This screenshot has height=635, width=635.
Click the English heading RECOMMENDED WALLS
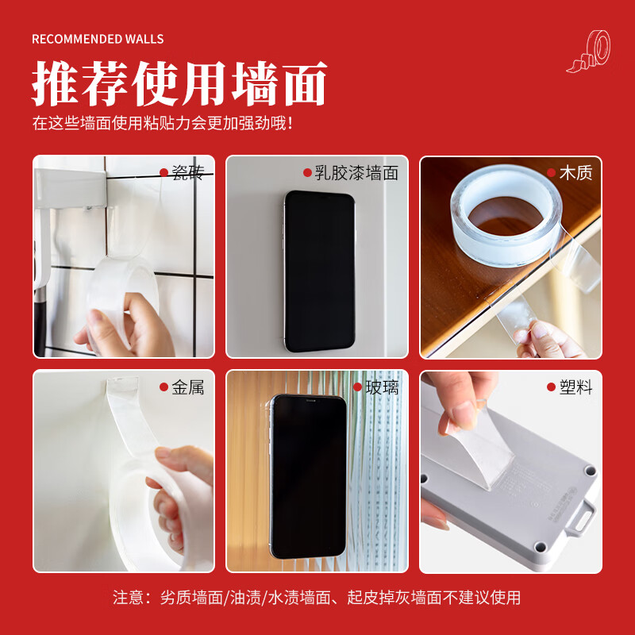98,39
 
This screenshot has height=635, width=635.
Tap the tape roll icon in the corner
589,52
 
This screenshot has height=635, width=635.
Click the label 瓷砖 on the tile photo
188,173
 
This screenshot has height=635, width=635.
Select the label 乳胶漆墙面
356,173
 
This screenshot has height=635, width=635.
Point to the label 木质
575,173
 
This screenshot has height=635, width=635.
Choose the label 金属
188,387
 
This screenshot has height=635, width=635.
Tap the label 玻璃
382,387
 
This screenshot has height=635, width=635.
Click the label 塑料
575,387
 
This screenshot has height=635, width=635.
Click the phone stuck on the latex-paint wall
320,271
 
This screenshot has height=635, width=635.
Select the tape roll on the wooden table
506,215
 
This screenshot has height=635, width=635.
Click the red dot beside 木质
551,173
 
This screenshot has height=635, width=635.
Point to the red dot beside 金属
164,387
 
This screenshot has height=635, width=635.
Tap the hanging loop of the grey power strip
581,519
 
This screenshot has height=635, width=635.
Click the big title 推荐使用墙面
179,84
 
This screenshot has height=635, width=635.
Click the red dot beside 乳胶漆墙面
307,173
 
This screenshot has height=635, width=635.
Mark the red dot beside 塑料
551,387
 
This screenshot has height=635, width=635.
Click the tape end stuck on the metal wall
122,385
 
